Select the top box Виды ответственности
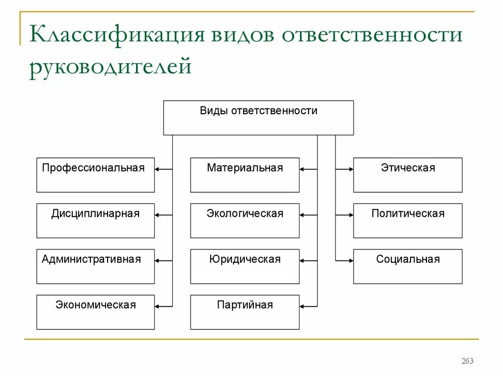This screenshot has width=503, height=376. [258, 118]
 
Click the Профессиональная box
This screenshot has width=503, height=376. [95, 175]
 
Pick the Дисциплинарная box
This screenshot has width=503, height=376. [95, 221]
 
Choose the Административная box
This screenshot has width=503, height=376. [95, 266]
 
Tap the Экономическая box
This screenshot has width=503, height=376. [95, 312]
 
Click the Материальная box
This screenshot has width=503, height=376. [245, 175]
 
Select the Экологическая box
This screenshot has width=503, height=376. [245, 221]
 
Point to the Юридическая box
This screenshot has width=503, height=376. [245, 266]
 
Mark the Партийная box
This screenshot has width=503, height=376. [245, 312]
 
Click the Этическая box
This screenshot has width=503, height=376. [408, 175]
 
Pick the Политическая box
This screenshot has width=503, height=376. [408, 221]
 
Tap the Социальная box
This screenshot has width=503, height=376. [408, 266]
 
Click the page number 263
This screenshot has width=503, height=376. [467, 361]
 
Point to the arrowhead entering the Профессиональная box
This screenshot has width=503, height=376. [157, 169]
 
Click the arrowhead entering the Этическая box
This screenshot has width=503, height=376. [351, 169]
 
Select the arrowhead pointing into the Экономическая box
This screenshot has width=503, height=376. [157, 306]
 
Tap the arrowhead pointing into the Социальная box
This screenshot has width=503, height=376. [351, 260]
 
